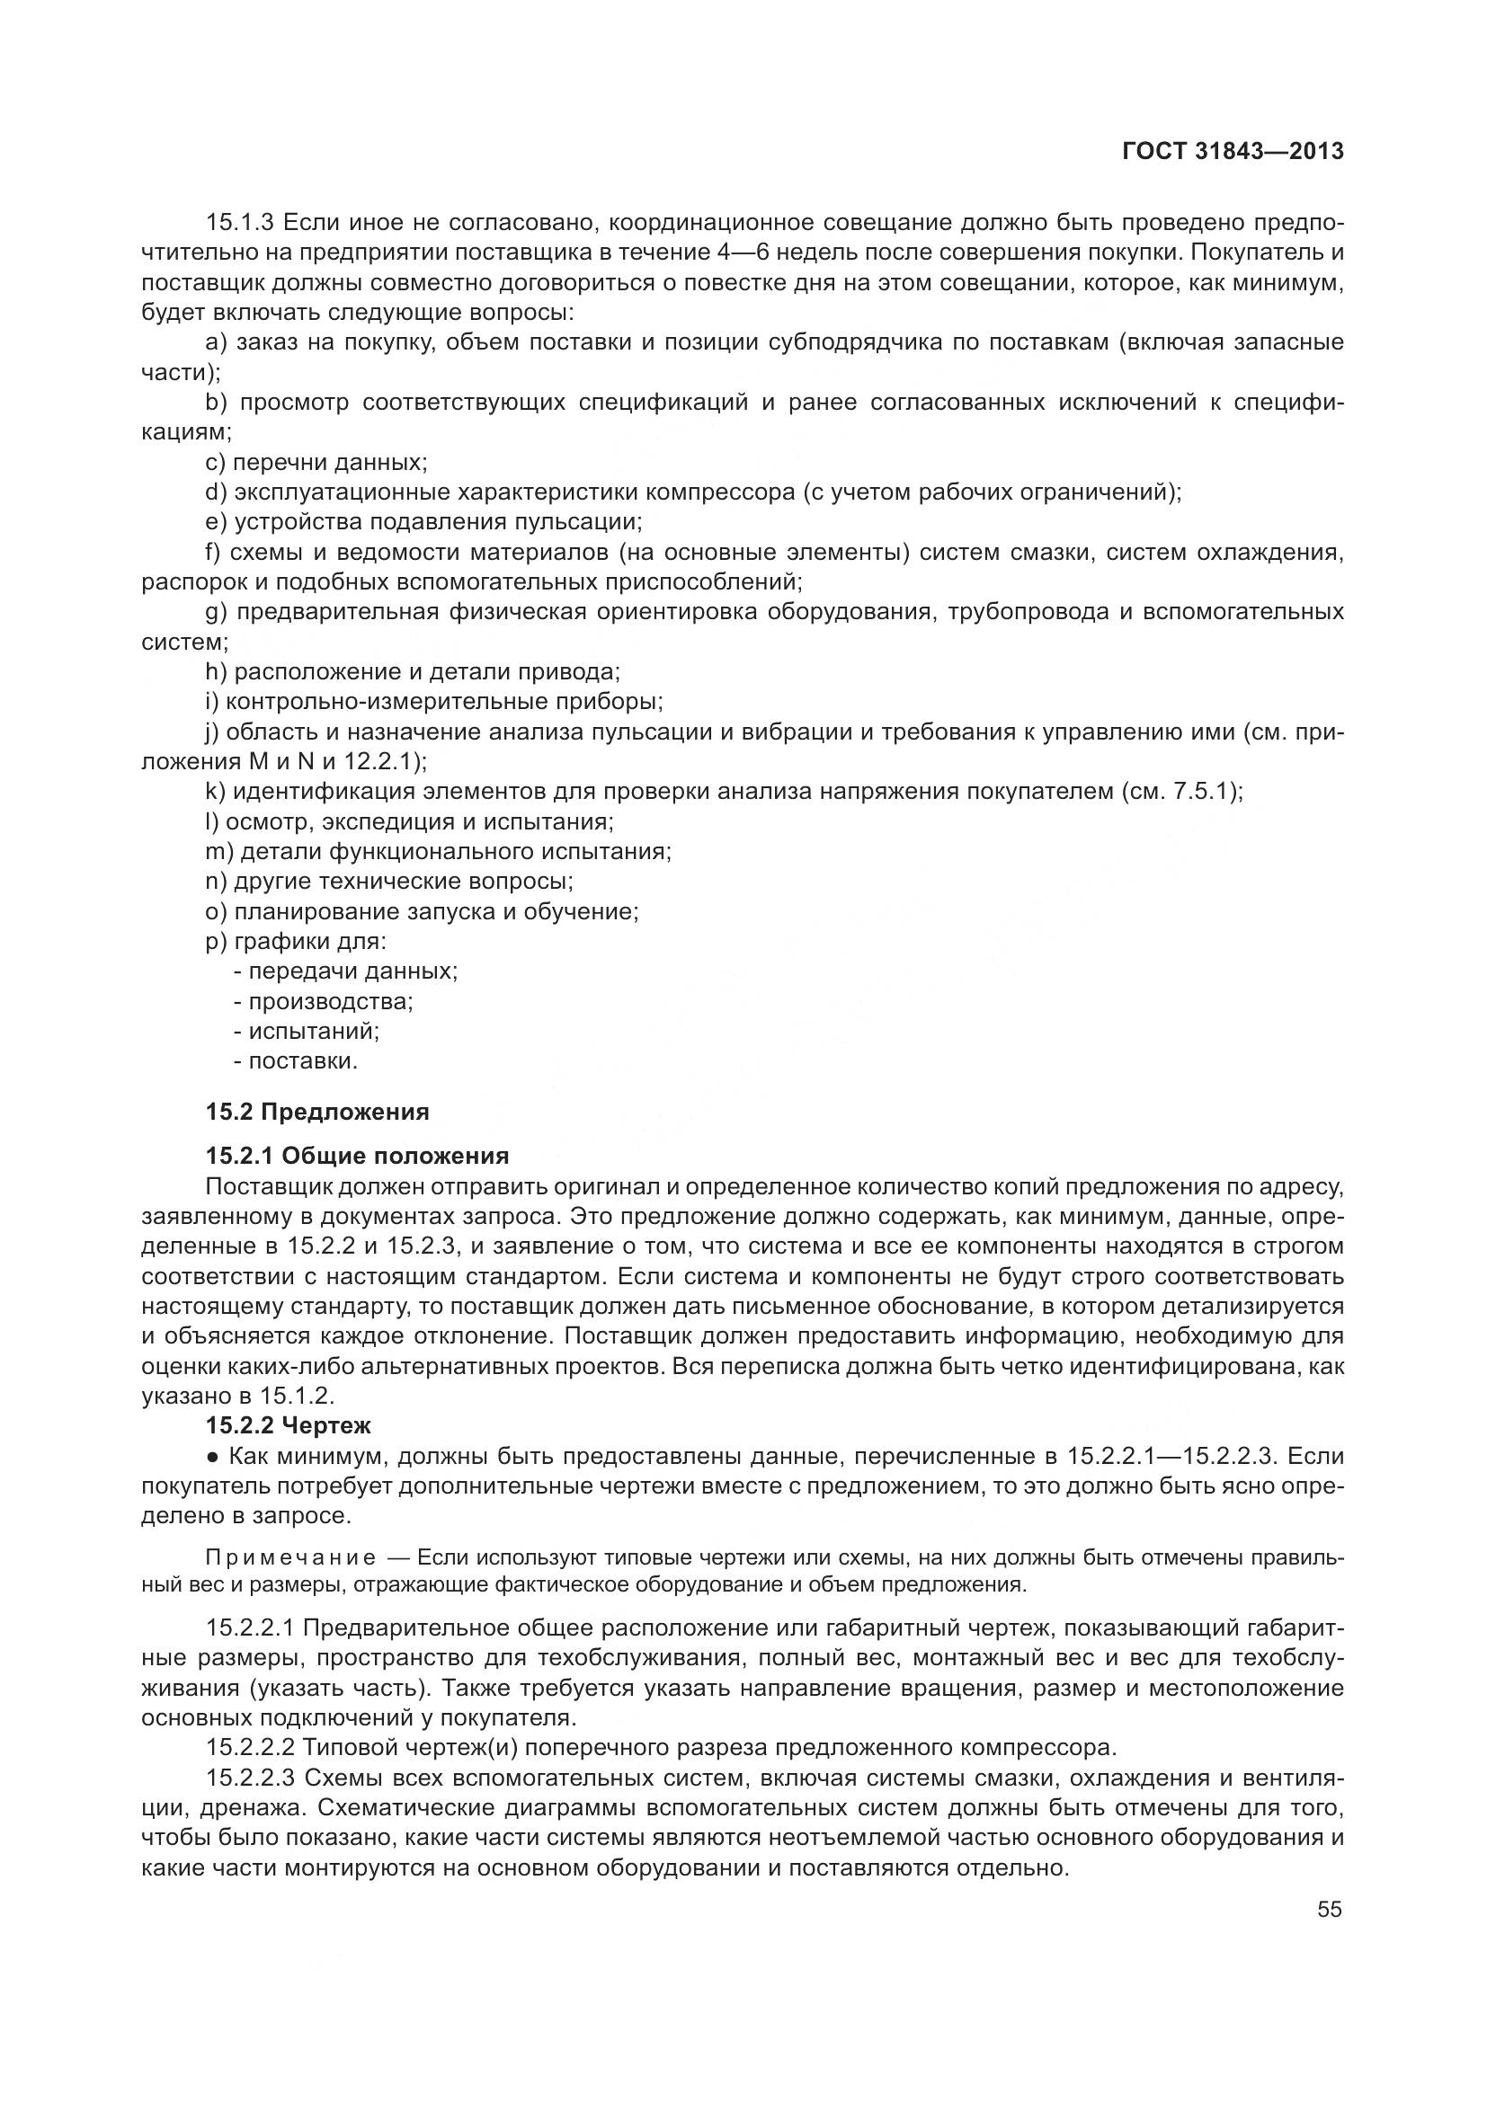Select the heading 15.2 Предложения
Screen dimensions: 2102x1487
(316, 1113)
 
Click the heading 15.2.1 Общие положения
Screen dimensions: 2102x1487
(357, 1156)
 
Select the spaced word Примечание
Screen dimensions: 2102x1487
(290, 1558)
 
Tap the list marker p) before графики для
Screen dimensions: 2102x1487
(216, 942)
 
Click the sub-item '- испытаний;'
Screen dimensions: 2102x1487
(307, 1032)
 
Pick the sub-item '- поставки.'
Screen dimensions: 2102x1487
(296, 1062)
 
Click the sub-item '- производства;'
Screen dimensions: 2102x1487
(324, 1001)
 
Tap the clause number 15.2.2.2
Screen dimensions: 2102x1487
(251, 1749)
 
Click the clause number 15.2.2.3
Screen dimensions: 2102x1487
(251, 1778)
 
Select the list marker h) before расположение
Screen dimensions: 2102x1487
(216, 672)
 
